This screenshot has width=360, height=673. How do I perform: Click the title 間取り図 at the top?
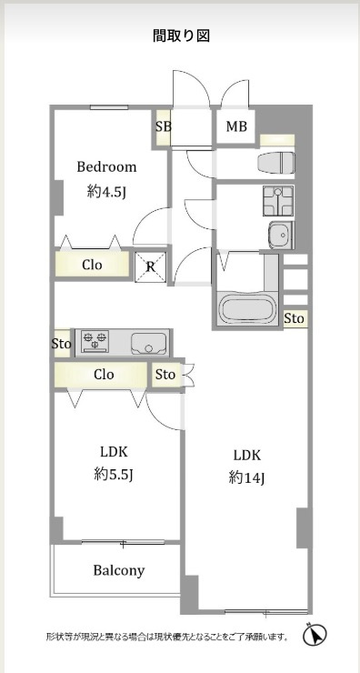(181, 36)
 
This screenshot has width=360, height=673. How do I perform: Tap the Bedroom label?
(107, 166)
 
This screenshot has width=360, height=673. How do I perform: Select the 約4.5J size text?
(106, 192)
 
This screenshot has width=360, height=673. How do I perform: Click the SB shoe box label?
(164, 126)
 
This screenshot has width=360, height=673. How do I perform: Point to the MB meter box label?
(237, 126)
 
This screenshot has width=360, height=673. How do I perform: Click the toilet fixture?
(276, 163)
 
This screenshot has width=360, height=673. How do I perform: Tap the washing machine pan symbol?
(278, 201)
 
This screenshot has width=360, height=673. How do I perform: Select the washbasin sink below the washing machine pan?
(282, 235)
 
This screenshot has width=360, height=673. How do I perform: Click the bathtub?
(247, 307)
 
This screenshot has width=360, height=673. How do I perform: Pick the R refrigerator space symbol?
(151, 267)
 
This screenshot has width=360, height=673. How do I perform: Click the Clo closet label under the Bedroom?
(92, 265)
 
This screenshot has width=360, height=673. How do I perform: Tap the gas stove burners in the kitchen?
(95, 342)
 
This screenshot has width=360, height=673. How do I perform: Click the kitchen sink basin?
(148, 344)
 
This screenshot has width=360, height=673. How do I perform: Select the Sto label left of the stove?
(61, 344)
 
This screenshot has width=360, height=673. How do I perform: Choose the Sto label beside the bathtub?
(295, 318)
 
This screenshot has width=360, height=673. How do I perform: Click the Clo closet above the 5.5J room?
(104, 375)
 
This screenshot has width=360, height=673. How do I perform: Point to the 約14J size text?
(246, 477)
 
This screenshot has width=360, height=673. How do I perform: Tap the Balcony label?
(119, 570)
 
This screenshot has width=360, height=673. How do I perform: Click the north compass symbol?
(315, 635)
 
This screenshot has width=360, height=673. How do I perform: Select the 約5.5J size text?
(115, 474)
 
